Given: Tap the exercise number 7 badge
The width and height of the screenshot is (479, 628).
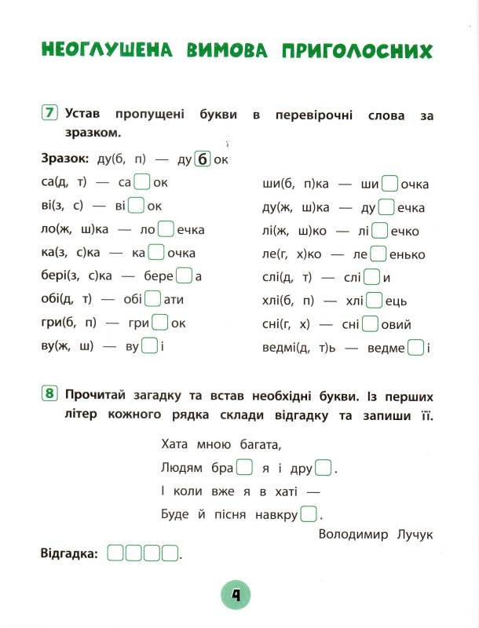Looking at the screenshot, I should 49,113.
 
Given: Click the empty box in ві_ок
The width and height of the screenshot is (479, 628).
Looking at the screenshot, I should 136,206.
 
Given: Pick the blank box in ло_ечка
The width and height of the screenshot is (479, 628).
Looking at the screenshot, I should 166,229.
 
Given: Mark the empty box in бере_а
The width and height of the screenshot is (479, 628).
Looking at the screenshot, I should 184,276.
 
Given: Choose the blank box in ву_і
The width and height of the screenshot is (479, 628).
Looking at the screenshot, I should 149,346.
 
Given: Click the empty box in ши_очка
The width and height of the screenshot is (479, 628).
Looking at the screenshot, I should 389,184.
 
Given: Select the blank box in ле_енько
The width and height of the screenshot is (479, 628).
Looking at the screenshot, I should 378,254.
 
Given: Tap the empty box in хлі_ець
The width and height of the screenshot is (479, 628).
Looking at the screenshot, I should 375,301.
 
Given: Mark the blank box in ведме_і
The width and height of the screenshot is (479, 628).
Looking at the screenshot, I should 417,347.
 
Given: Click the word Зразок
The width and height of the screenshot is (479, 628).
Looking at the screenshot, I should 64,159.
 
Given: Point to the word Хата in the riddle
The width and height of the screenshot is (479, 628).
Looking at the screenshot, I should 176,445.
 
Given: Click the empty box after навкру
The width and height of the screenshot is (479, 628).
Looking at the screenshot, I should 309,514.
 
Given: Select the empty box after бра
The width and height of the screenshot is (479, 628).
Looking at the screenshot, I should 244,469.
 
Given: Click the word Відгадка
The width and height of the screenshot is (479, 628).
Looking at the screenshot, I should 69,553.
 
